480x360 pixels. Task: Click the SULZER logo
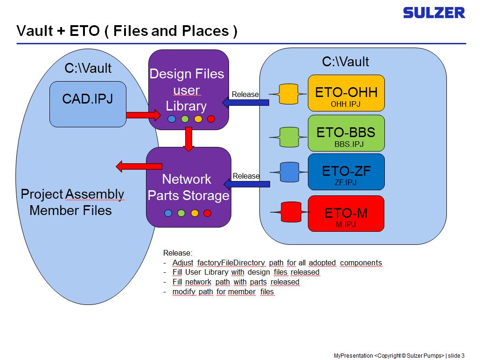(x=434, y=13)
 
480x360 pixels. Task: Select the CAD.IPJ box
(x=88, y=104)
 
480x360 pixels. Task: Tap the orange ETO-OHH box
(x=346, y=93)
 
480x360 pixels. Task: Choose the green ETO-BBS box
(x=346, y=133)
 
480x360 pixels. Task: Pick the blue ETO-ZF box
(x=346, y=172)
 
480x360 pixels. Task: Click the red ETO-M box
(x=346, y=214)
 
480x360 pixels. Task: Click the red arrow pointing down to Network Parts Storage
(x=188, y=138)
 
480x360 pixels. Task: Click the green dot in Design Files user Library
(x=185, y=119)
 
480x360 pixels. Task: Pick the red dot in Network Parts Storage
(x=208, y=213)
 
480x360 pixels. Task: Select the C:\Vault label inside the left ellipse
(x=88, y=69)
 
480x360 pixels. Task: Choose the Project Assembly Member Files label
(x=72, y=202)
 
